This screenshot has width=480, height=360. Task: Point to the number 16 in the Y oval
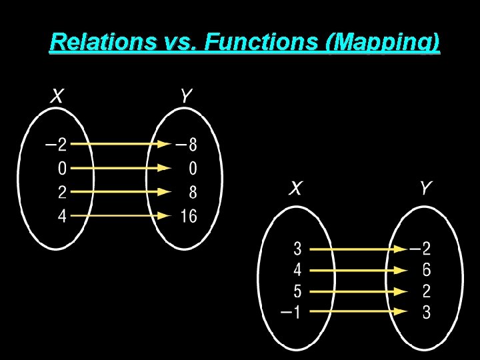(x=189, y=217)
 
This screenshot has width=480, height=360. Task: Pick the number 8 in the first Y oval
(x=193, y=193)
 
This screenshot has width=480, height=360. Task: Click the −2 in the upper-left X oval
(x=55, y=144)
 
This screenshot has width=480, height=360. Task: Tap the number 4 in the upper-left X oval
(x=63, y=217)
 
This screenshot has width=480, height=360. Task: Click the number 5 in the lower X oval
(x=297, y=291)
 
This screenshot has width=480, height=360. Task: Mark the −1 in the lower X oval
(x=291, y=311)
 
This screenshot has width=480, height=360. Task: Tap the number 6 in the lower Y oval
(x=426, y=270)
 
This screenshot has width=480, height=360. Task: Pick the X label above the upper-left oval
(x=58, y=97)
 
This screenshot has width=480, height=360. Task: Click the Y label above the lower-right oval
(x=426, y=189)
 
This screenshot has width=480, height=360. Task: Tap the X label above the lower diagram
(x=295, y=189)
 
